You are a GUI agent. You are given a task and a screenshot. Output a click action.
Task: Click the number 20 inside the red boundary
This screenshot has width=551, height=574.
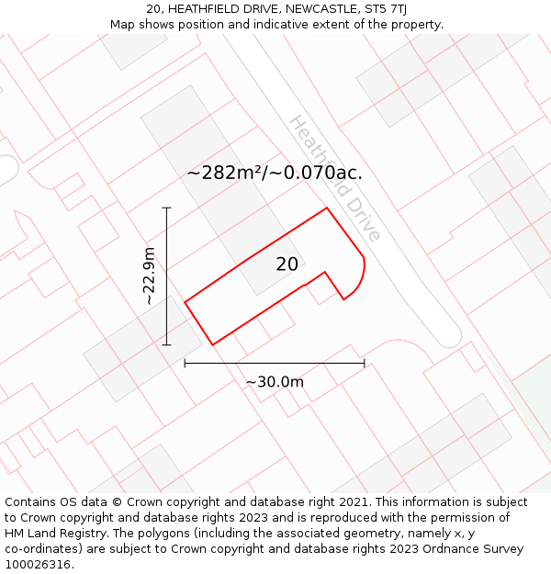pos(287,264)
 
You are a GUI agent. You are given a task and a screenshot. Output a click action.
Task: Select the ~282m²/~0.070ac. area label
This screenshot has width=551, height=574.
pos(275,173)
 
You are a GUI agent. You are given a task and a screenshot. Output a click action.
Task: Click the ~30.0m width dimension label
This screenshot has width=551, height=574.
pos(274,382)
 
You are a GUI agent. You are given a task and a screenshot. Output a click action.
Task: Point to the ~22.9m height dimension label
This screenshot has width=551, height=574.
pos(149,276)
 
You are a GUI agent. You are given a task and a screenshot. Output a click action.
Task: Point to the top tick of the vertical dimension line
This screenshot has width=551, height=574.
pos(166,208)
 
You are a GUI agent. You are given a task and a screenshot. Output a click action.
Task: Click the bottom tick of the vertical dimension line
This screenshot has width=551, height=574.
pos(166,345)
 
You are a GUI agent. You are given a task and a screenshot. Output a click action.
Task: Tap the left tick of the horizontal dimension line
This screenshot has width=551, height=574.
pos(185,363)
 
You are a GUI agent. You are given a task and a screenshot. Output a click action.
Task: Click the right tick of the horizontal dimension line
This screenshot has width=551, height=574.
pos(365,363)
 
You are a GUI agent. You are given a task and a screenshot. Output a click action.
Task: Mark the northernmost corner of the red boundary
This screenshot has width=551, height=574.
pos(327,208)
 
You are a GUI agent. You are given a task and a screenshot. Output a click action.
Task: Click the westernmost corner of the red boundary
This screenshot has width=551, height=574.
pos(186,301)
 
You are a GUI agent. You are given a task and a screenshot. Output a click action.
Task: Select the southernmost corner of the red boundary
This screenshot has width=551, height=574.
pos(213,344)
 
